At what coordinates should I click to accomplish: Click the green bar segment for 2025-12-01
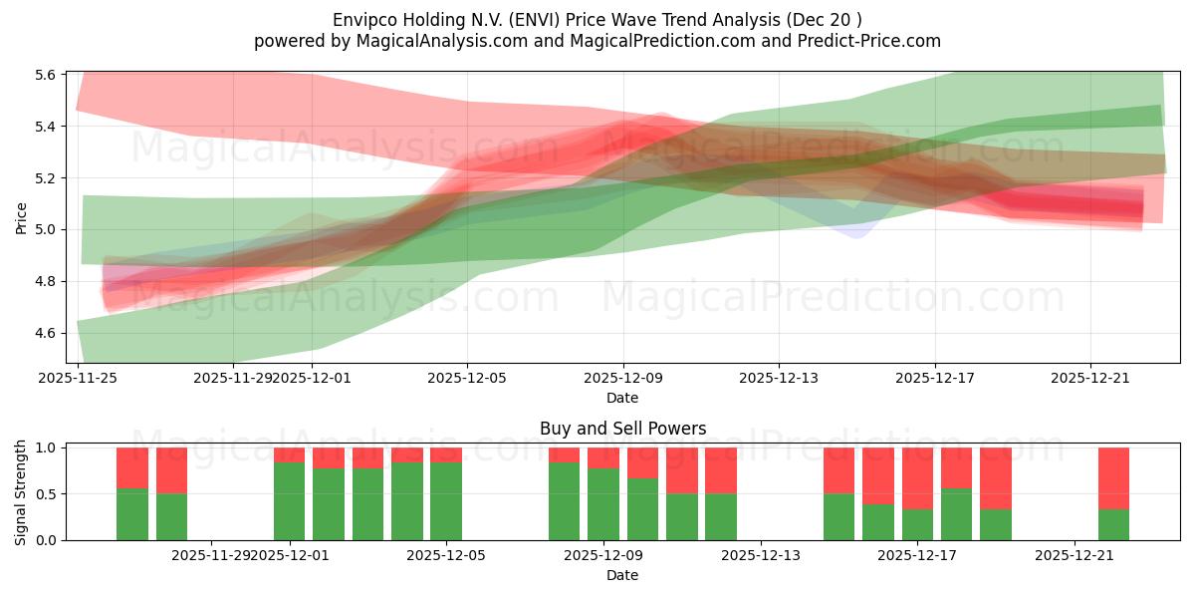pyautogui.click(x=290, y=501)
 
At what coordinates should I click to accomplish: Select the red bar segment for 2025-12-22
pyautogui.click(x=1113, y=478)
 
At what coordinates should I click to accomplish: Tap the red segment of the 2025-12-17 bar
pyautogui.click(x=917, y=478)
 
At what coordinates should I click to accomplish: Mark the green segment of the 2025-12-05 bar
pyautogui.click(x=446, y=501)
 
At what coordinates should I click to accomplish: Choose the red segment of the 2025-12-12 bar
pyautogui.click(x=721, y=470)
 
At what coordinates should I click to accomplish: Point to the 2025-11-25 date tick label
pyautogui.click(x=78, y=378)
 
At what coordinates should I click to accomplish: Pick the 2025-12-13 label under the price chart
pyautogui.click(x=779, y=378)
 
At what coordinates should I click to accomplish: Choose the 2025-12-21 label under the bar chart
pyautogui.click(x=1075, y=555)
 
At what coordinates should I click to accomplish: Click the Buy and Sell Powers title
pyautogui.click(x=622, y=429)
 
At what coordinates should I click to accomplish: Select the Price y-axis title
pyautogui.click(x=21, y=217)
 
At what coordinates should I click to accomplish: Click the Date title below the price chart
pyautogui.click(x=622, y=398)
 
